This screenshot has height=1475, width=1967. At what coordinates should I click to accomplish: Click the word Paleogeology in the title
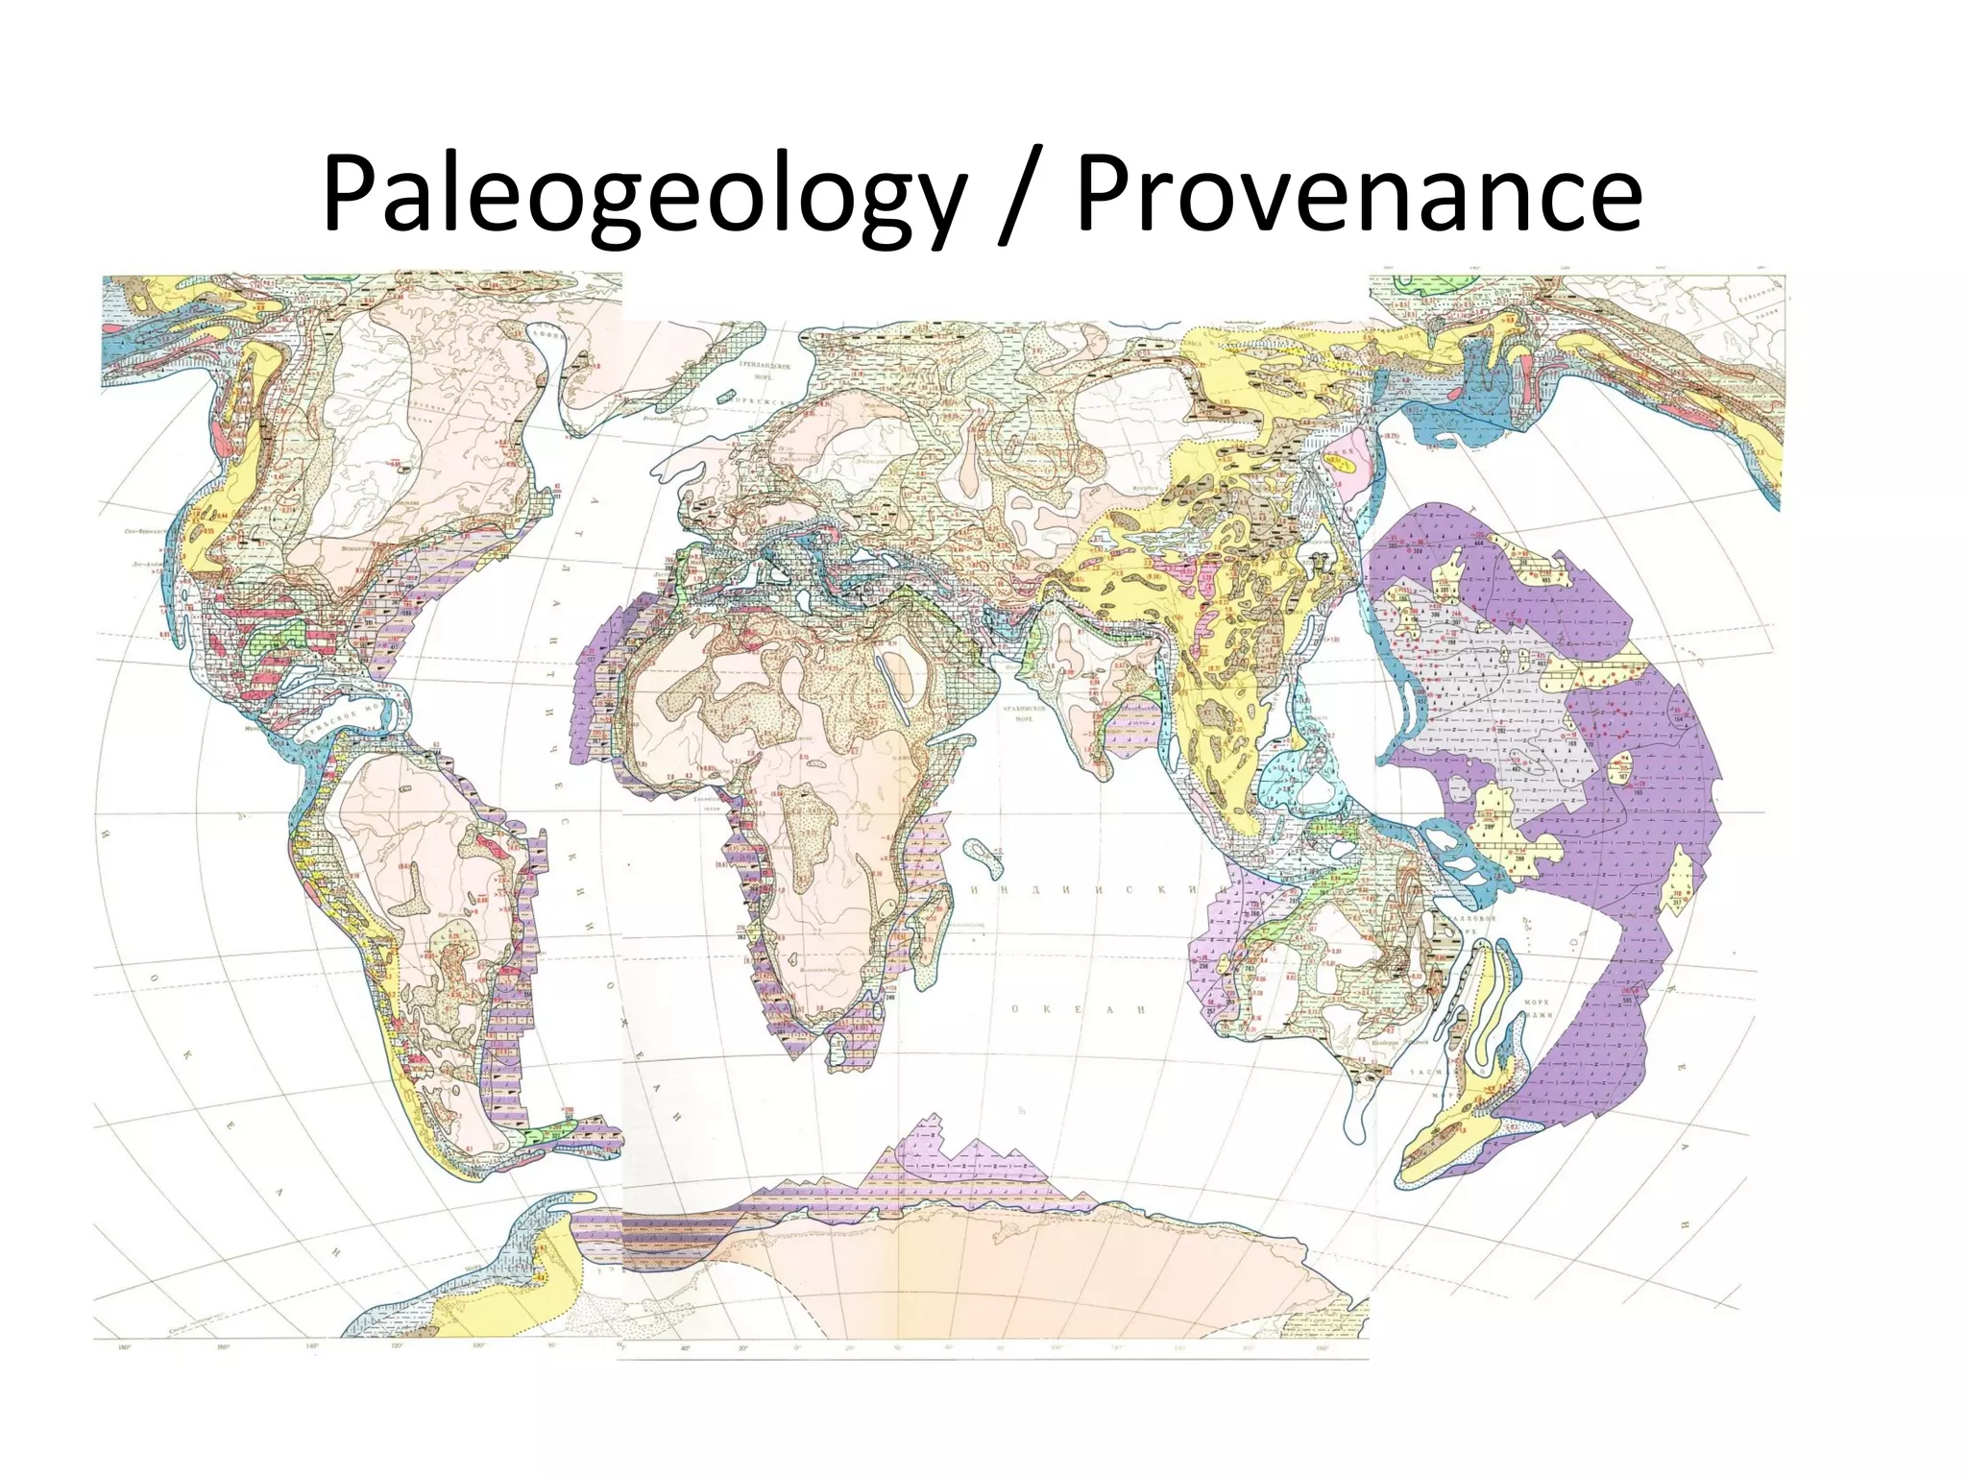(642, 196)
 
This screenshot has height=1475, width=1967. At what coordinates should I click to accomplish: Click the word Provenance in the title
(1358, 196)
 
